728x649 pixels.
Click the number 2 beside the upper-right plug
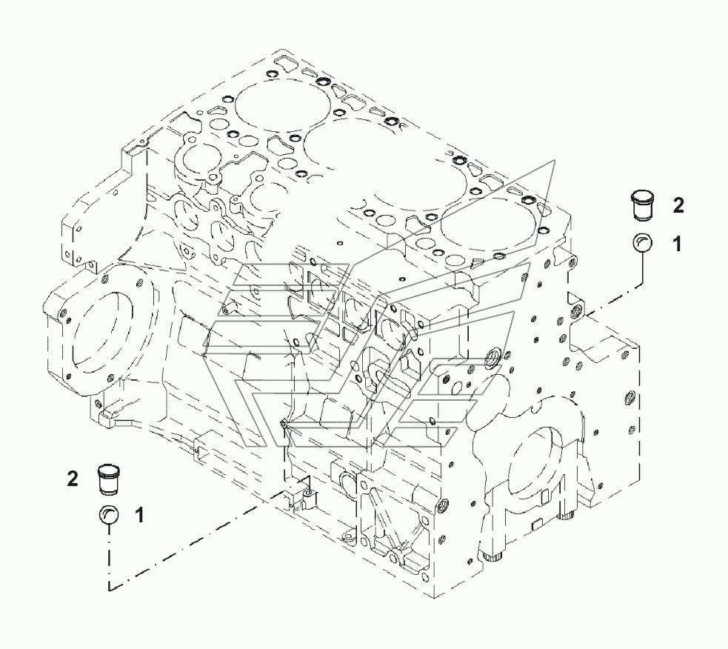[x=678, y=206]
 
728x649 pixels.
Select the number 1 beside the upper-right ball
[x=677, y=244]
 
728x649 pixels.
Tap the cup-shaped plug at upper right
[x=642, y=204]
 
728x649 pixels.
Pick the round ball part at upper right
[x=642, y=243]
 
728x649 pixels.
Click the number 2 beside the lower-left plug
[x=72, y=479]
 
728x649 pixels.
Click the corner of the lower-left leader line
[x=110, y=589]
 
